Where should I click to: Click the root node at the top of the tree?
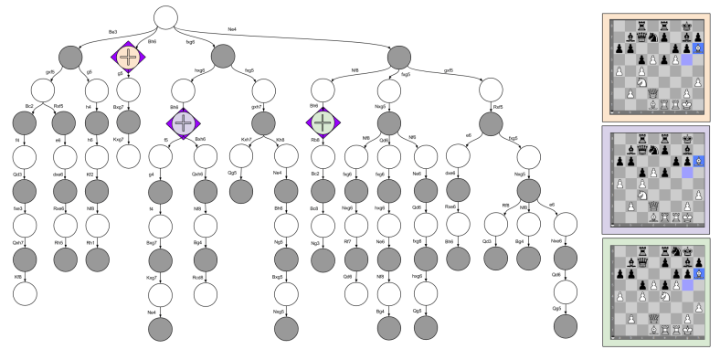pyautogui.click(x=165, y=17)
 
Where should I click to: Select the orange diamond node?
pyautogui.click(x=127, y=57)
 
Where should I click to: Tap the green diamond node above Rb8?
pyautogui.click(x=322, y=122)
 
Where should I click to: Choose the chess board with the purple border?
pyautogui.click(x=655, y=179)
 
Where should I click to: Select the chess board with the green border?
pyautogui.click(x=655, y=291)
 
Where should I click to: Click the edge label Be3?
pyautogui.click(x=112, y=30)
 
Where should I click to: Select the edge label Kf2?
pyautogui.click(x=90, y=173)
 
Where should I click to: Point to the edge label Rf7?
pyautogui.click(x=348, y=241)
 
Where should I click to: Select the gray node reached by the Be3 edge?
pyautogui.click(x=74, y=57)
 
